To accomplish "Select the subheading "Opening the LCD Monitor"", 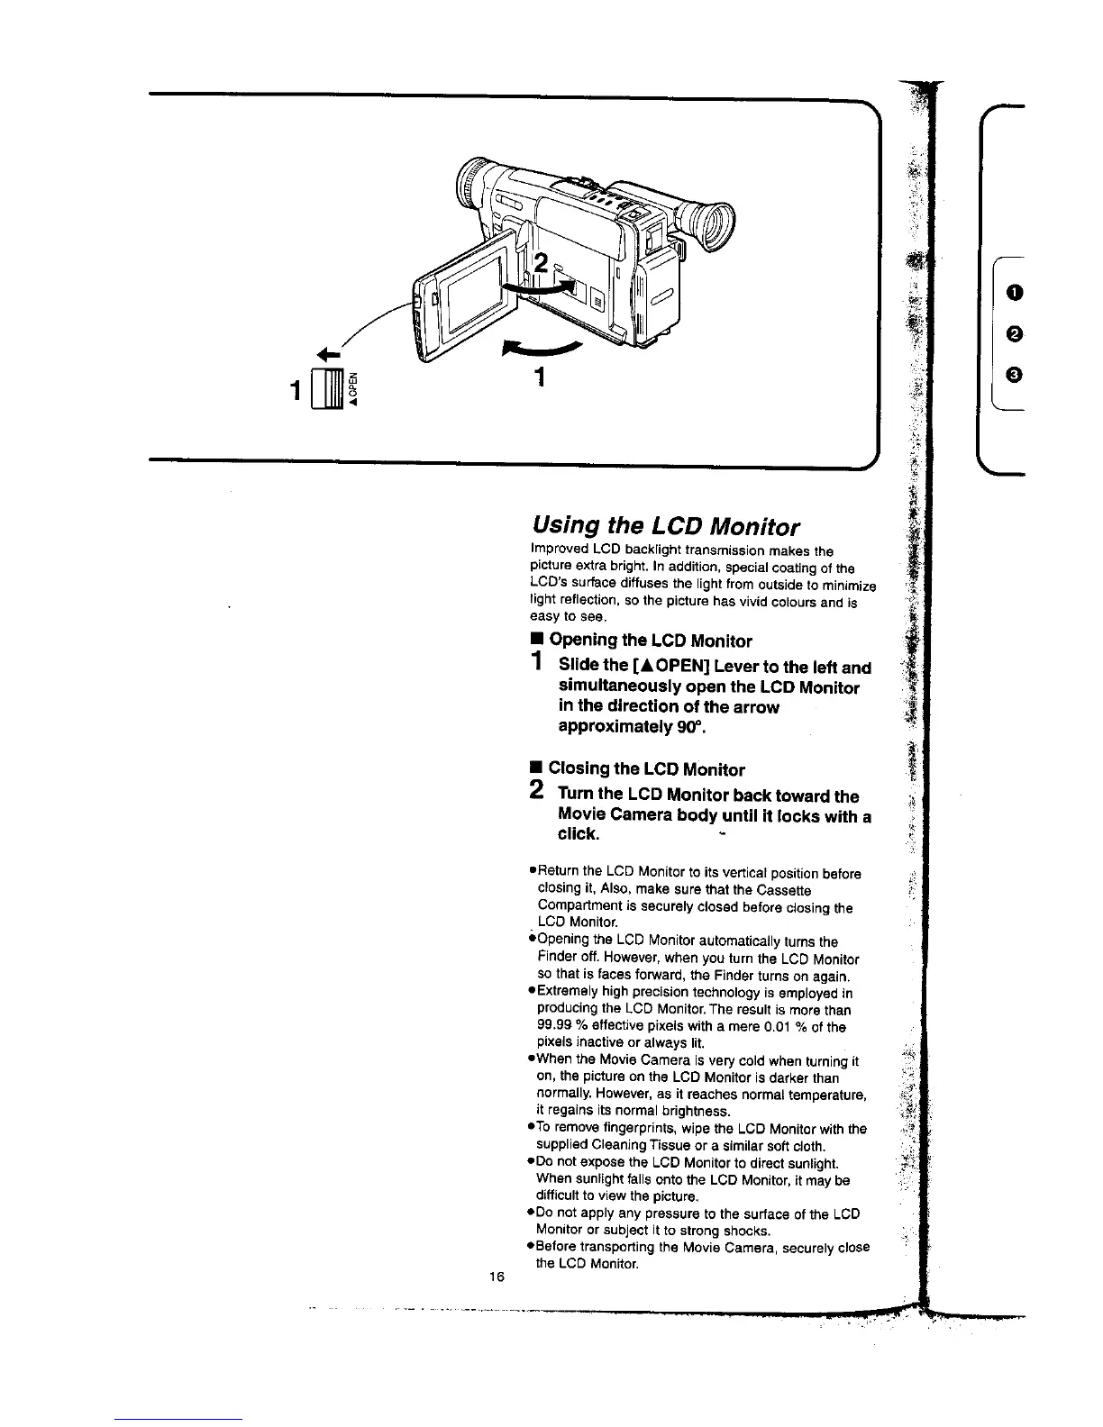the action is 650,641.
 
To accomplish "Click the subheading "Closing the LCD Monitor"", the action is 646,769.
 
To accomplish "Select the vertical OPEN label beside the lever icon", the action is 354,386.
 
